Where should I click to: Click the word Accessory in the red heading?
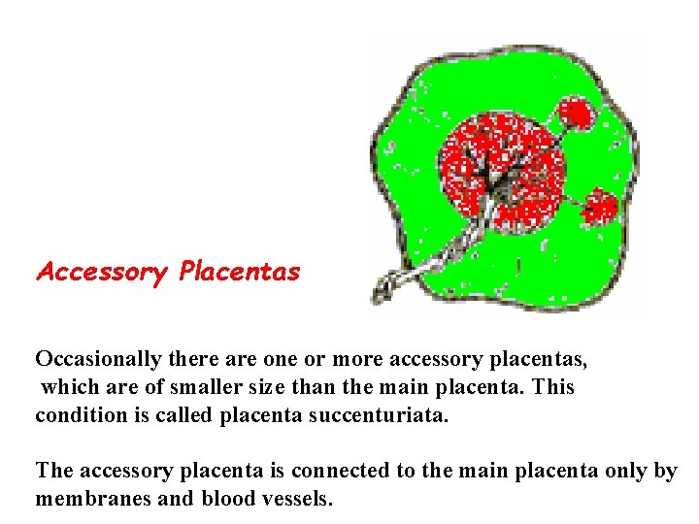pyautogui.click(x=101, y=273)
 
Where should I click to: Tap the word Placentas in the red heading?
pyautogui.click(x=240, y=272)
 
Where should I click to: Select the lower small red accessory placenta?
pyautogui.click(x=600, y=207)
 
